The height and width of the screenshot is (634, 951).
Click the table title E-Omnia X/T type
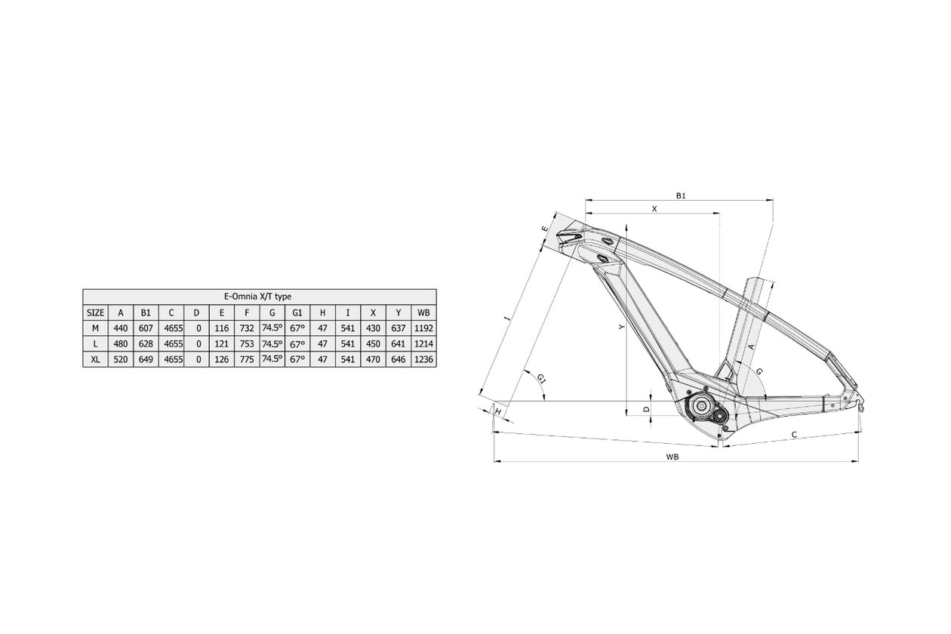coord(257,297)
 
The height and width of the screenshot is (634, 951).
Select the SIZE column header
coord(95,312)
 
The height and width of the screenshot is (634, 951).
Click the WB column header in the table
coord(423,312)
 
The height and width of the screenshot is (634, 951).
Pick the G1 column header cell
coord(297,312)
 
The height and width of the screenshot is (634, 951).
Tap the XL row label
coord(95,359)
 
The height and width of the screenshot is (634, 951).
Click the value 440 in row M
coord(121,328)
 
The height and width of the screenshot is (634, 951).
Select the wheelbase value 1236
coord(423,359)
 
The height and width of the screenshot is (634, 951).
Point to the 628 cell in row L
coord(146,343)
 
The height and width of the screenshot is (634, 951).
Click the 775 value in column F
coord(247,359)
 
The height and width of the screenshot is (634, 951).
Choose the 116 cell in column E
coord(222,328)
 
